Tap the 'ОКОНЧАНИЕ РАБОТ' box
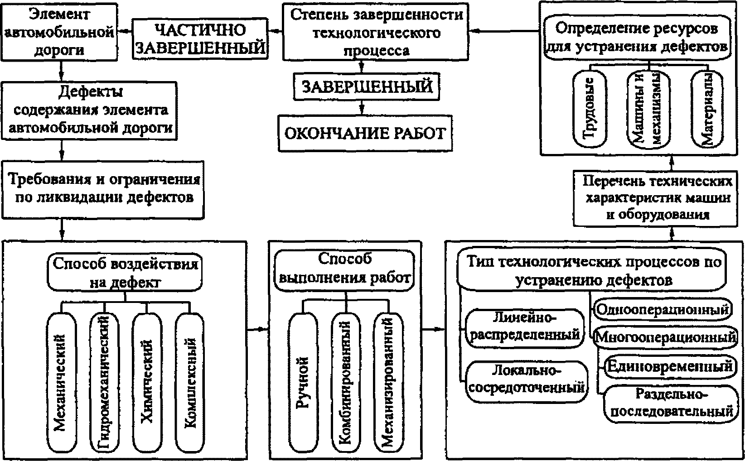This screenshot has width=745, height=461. [x=365, y=133]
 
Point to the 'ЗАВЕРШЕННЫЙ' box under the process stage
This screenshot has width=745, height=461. [x=368, y=86]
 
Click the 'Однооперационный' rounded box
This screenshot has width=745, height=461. [x=663, y=310]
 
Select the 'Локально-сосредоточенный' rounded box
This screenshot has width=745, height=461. [x=525, y=381]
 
